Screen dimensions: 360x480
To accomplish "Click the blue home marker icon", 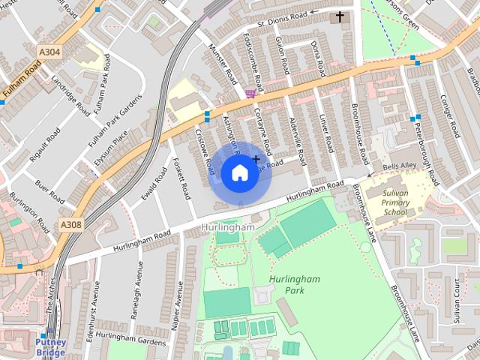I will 239,172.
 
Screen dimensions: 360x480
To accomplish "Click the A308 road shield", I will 70,223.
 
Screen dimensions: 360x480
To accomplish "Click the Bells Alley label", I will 399,166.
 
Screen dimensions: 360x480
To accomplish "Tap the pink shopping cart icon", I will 250,94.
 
